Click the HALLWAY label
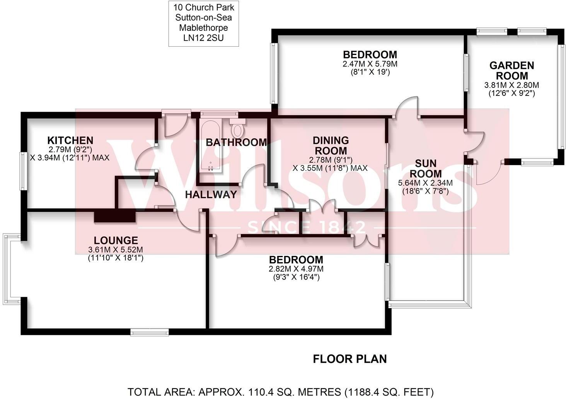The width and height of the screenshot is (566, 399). [x=211, y=194]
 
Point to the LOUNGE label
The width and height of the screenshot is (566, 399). [x=116, y=240]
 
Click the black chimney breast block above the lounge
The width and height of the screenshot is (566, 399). [x=115, y=217]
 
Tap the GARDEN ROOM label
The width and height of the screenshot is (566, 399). [x=511, y=71]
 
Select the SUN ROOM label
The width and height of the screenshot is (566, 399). [x=425, y=169]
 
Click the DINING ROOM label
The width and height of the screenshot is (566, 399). [x=330, y=145]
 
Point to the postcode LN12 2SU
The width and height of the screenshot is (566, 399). [x=203, y=38]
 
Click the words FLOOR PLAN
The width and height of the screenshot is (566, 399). [x=349, y=359]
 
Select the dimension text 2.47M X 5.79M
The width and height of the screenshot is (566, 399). [x=370, y=64]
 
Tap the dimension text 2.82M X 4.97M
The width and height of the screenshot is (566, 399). [x=296, y=269]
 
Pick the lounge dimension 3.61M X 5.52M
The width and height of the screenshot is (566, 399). [x=116, y=250]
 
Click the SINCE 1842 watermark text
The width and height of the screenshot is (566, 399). [x=306, y=227]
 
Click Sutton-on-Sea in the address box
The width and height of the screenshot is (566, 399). [x=203, y=17]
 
